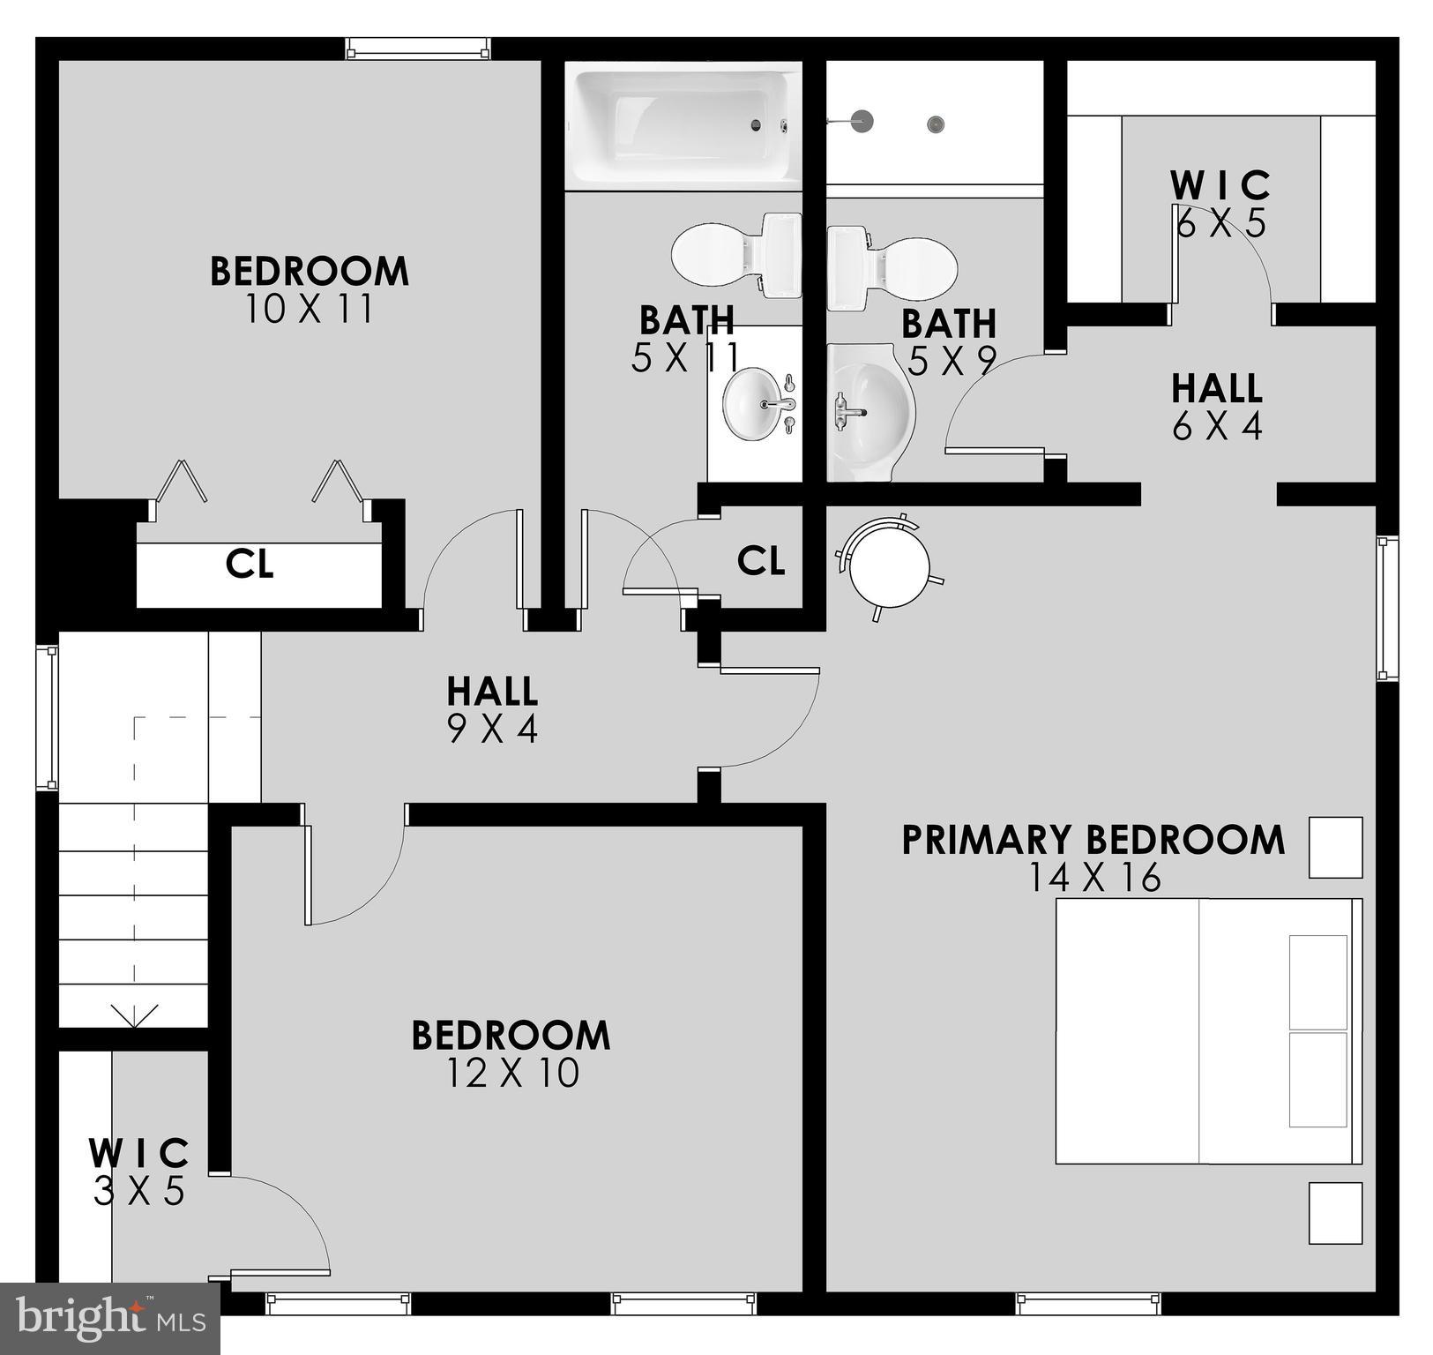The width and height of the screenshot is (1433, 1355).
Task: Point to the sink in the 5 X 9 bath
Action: pos(868,411)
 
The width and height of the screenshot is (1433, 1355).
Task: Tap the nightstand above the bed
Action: pos(1335,847)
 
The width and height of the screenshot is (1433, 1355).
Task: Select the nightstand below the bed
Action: pos(1335,1213)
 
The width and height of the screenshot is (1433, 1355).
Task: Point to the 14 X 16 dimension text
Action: pos(1094,878)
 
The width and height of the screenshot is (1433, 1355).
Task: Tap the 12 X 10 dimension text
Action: pos(512,1074)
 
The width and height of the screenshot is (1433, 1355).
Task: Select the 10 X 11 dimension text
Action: pos(309,310)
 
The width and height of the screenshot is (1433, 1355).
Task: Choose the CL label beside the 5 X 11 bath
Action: pos(761,560)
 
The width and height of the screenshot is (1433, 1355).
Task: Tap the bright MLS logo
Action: pos(109,1318)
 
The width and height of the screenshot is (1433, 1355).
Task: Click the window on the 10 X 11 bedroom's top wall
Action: pos(417,49)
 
